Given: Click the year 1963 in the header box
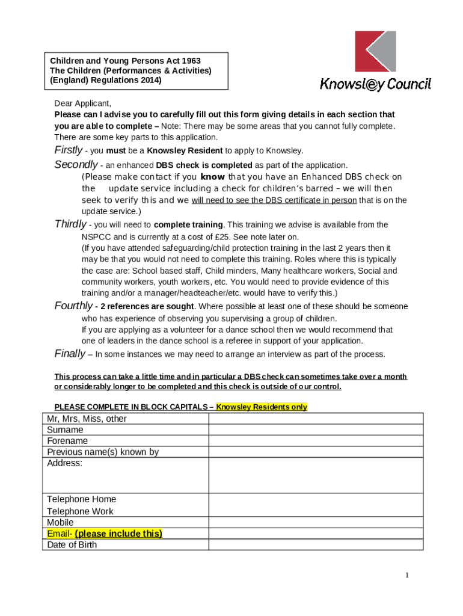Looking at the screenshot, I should [189, 61].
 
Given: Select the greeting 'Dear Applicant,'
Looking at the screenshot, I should [83, 103].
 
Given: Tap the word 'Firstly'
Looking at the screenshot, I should [68, 150].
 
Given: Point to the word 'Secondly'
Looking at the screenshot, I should [76, 165].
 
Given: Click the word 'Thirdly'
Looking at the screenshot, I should [70, 224].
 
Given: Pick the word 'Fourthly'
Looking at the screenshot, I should [73, 306].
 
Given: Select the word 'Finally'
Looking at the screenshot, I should [70, 354].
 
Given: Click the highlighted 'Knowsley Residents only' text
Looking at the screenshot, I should [262, 407].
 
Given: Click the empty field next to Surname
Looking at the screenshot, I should [316, 430].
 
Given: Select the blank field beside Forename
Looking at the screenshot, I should [316, 441].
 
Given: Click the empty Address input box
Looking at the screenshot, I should [316, 475].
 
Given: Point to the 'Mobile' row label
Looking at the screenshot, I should [61, 523].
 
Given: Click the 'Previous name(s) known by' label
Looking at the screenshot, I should [103, 452].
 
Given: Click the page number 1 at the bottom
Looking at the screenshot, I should [406, 576].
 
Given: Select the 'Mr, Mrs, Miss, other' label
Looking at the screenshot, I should [87, 419].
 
